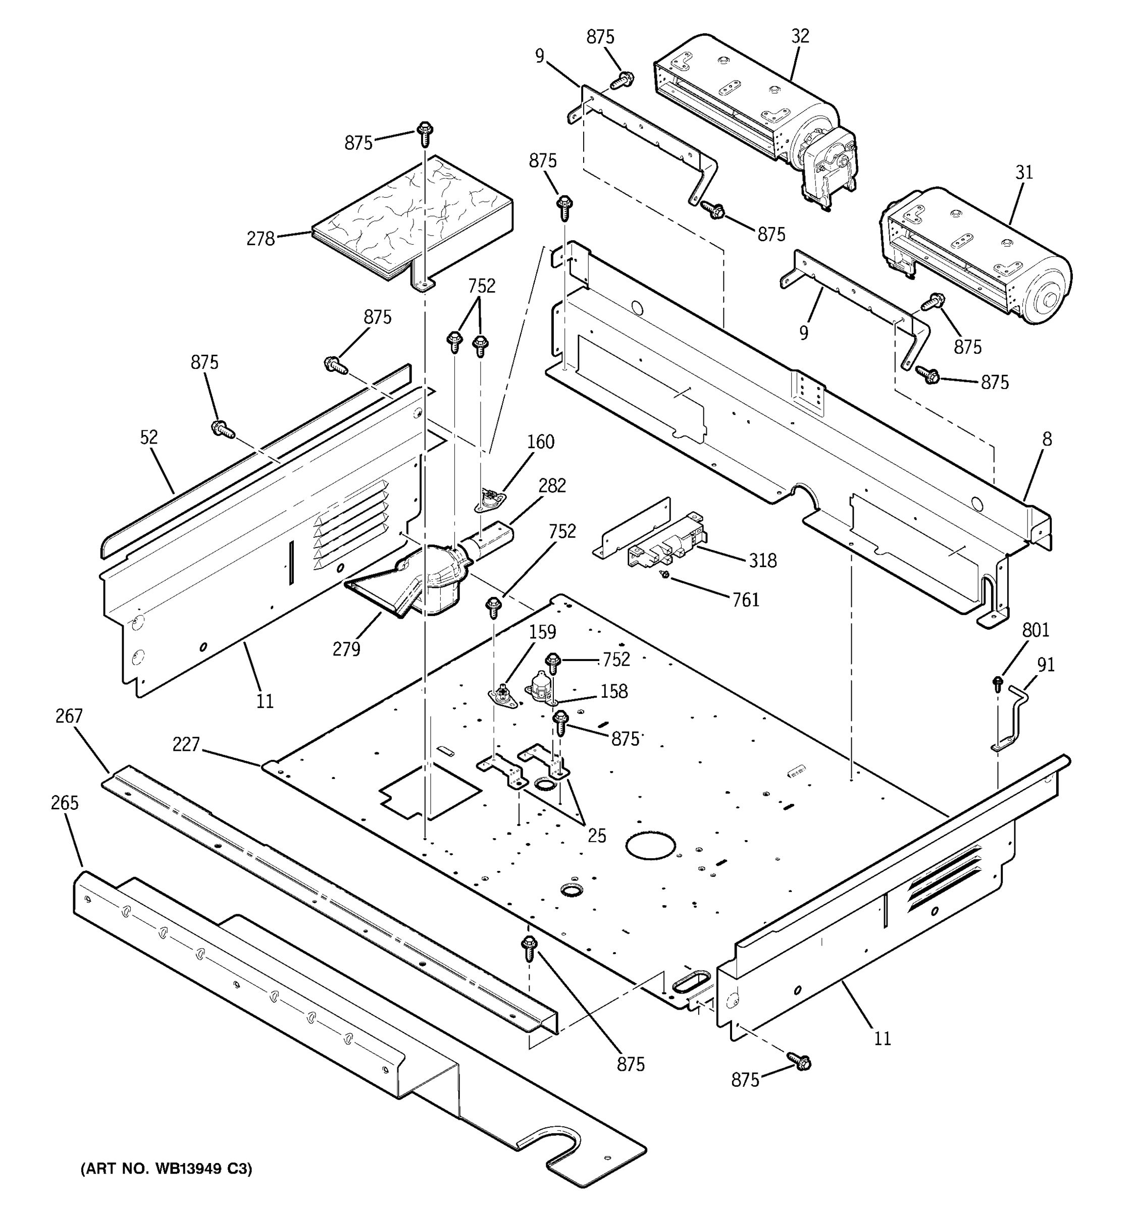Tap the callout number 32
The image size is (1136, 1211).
[x=800, y=36]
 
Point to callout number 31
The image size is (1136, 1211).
[x=1024, y=173]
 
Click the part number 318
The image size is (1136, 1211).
[x=762, y=561]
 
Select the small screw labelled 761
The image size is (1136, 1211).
[x=667, y=574]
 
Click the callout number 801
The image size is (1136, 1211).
[x=1036, y=630]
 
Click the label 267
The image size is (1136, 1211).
[x=68, y=716]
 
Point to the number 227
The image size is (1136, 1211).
[x=186, y=744]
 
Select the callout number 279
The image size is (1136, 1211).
[x=346, y=649]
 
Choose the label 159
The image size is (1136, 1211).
[x=542, y=632]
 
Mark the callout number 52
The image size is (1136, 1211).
[x=149, y=437]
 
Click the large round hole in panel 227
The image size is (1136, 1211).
[x=651, y=848]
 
